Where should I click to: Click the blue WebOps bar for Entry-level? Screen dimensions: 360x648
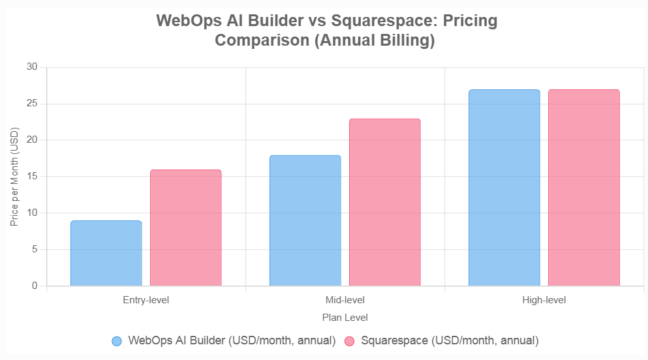[x=106, y=253]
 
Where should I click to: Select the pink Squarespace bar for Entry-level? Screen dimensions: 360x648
[x=186, y=228]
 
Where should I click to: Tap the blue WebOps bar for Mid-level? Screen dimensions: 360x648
[x=305, y=220]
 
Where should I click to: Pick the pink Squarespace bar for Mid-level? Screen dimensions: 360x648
[x=385, y=202]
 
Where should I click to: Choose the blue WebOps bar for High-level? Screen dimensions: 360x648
[x=504, y=188]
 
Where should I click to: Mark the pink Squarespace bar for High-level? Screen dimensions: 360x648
[x=584, y=188]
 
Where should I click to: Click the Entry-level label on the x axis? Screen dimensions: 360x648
[x=146, y=301]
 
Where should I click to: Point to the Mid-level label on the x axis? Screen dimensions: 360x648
[x=345, y=301]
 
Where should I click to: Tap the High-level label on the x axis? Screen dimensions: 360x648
[x=544, y=301]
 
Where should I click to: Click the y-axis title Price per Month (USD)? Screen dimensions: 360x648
[x=14, y=177]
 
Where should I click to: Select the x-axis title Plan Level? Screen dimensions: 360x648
[x=345, y=318]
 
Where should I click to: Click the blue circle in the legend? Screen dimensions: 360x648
[x=117, y=341]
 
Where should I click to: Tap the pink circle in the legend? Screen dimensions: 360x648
[x=349, y=341]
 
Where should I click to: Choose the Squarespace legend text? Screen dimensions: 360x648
[x=450, y=340]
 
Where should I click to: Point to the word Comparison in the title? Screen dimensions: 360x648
[x=258, y=40]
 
